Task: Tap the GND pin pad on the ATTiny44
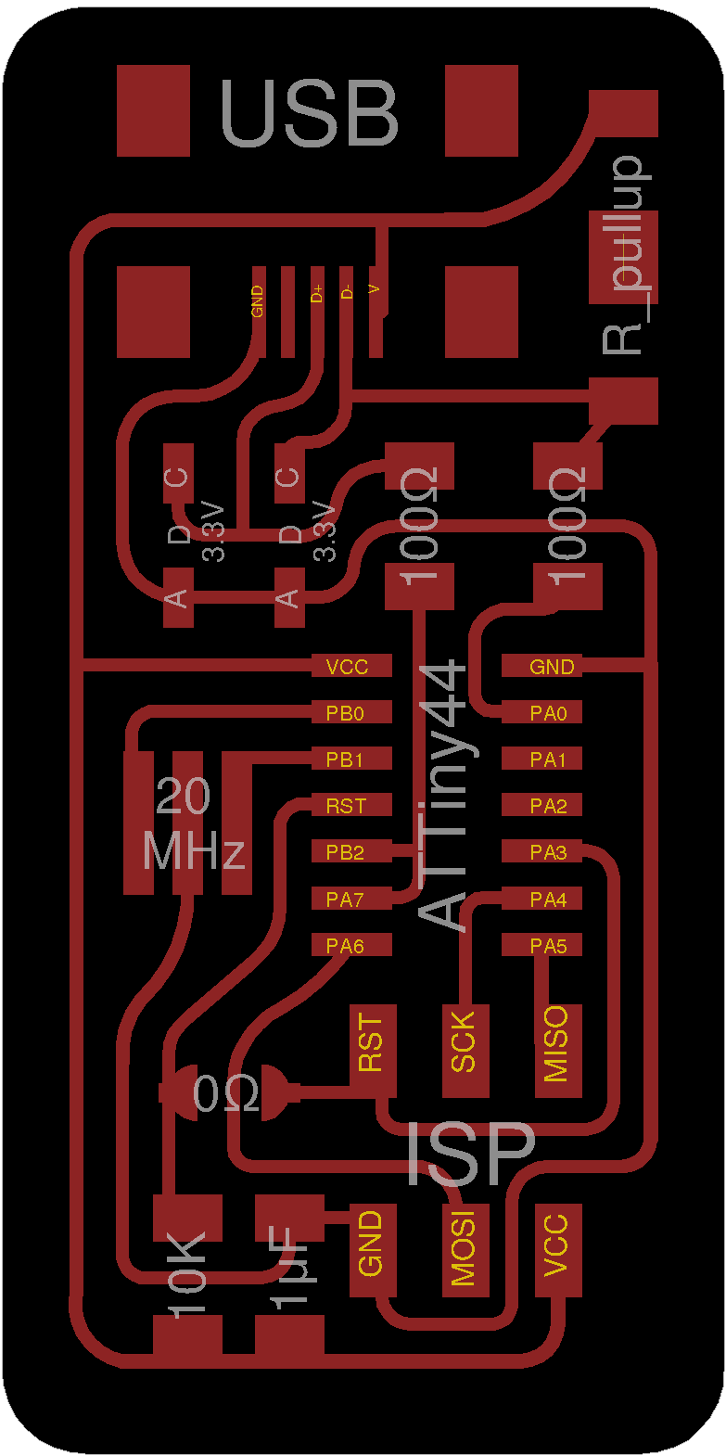(x=542, y=666)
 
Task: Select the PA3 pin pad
(x=542, y=851)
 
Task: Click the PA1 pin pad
(x=542, y=759)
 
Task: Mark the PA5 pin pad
(x=542, y=945)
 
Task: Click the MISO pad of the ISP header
(x=557, y=1050)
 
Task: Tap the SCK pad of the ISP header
(x=465, y=1050)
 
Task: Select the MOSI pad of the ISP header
(x=464, y=1250)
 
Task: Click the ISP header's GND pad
(x=372, y=1250)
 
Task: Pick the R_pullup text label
(x=624, y=255)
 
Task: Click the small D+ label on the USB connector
(x=317, y=294)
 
